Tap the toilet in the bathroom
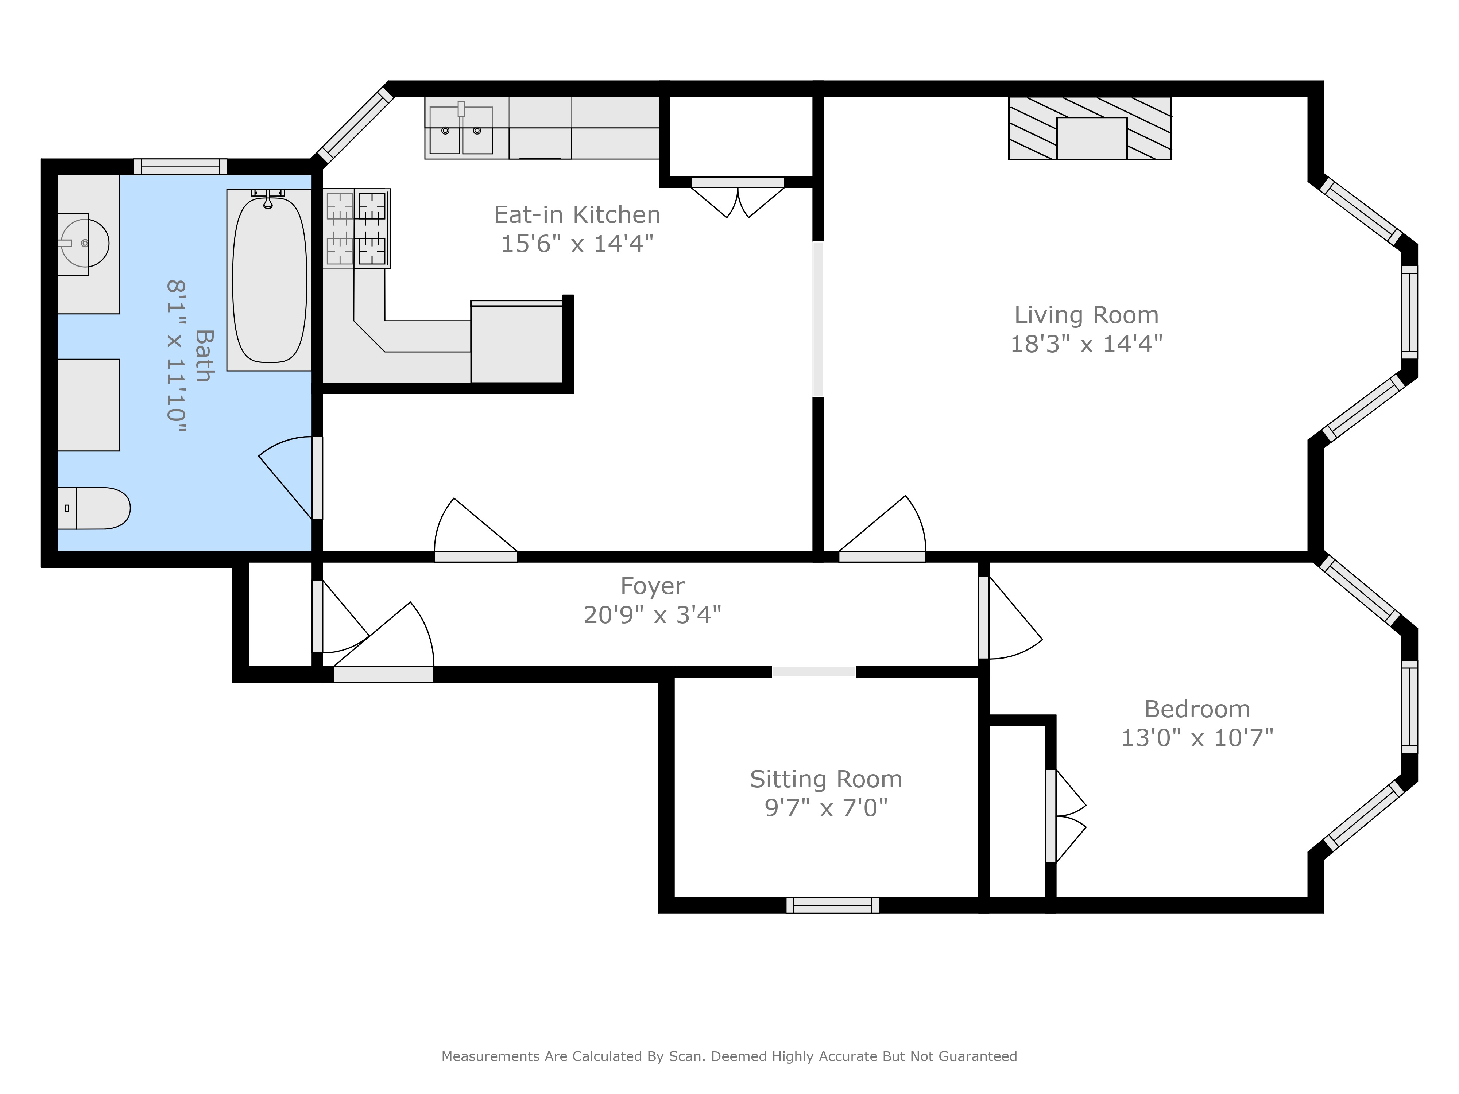click(94, 508)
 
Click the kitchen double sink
click(461, 130)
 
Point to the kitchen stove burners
click(356, 228)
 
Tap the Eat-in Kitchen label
click(577, 215)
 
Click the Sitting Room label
click(826, 779)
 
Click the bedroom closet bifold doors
click(1065, 816)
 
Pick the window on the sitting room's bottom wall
click(832, 905)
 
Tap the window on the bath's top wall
click(180, 167)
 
